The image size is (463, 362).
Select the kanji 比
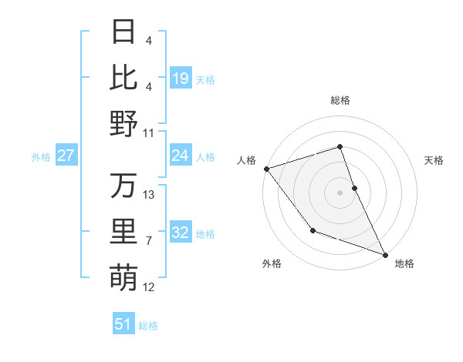123,77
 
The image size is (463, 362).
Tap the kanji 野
123,123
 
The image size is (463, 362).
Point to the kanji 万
123,186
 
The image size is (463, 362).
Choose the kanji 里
123,232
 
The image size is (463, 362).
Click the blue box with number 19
180,78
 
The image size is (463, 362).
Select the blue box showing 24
180,156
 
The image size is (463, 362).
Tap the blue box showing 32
180,233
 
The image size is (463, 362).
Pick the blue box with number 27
66,156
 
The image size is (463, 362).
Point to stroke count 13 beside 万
150,195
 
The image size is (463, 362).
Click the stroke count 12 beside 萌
150,287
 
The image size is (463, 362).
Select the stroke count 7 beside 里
150,241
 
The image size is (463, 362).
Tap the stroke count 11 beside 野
150,132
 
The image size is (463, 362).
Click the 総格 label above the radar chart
340,100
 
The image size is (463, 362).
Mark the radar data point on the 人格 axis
266,168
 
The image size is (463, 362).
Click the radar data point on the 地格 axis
385,254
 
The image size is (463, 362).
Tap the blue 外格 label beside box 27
41,157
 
